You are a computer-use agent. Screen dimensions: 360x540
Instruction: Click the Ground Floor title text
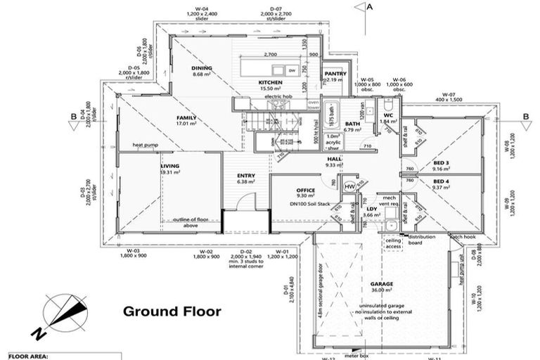172,311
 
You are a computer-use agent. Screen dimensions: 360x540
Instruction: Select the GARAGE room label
382,284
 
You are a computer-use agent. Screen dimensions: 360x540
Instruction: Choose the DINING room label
202,68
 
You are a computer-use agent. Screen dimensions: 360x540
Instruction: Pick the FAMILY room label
186,117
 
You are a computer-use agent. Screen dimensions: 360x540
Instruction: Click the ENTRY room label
245,176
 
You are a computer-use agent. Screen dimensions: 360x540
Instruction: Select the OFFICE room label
305,190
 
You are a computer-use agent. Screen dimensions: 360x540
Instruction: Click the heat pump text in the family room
146,145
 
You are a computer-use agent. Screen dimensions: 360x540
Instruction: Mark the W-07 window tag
449,94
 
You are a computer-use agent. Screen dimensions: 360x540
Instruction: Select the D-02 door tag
246,251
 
